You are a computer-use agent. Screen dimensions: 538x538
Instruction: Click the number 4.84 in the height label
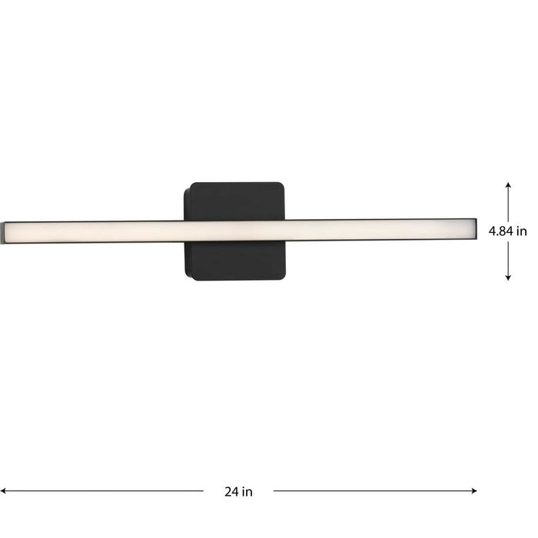[502, 231]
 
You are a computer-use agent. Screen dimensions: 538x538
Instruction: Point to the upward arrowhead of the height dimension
[508, 185]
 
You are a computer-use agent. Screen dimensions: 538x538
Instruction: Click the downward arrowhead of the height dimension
[508, 277]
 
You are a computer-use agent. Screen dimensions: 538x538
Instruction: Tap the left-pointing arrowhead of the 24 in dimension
[4, 490]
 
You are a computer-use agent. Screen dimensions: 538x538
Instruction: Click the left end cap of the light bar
[4, 231]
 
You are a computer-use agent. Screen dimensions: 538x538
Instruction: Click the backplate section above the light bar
[234, 201]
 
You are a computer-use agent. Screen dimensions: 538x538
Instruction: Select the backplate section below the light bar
[234, 261]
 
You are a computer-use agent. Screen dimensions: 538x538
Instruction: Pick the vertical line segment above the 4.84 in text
[508, 204]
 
